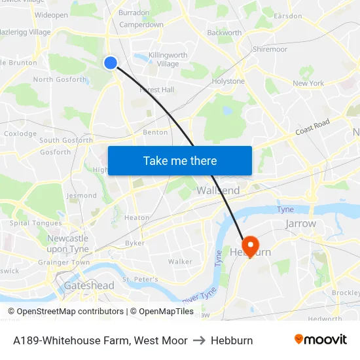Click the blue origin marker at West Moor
[x=111, y=62]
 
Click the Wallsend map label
[x=218, y=190]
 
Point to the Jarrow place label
[x=301, y=224]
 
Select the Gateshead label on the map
[x=89, y=285]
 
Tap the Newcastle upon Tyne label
[x=67, y=243]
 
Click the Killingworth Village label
[x=168, y=60]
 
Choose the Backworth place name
[x=224, y=32]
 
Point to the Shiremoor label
[x=270, y=49]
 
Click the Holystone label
[x=228, y=81]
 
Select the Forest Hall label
[x=156, y=90]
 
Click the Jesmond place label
[x=81, y=195]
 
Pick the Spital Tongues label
[x=36, y=223]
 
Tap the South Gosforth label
[x=66, y=140]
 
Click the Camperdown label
[x=141, y=25]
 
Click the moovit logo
[x=320, y=340]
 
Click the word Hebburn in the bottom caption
[x=232, y=340]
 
